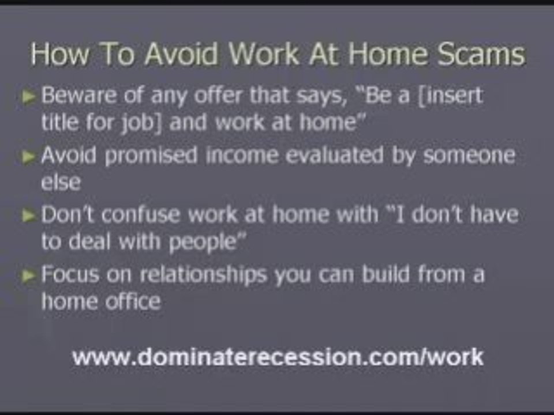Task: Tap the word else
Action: [x=61, y=183]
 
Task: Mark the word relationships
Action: [x=201, y=275]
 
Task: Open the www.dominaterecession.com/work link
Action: [x=278, y=357]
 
